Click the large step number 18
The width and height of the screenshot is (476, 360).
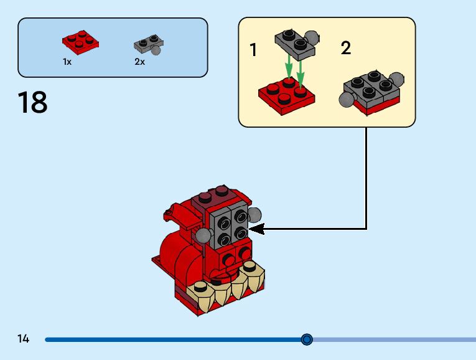pos(33,102)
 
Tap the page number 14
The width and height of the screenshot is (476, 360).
pos(24,339)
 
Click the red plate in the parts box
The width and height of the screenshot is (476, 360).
pos(81,42)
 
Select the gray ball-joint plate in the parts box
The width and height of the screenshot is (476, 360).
pos(148,45)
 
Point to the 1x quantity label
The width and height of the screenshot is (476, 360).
pos(67,62)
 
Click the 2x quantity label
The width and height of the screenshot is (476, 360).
pos(139,62)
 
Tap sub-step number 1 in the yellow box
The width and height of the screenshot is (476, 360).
pos(253,50)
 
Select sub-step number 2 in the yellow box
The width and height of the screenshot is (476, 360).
pos(346,48)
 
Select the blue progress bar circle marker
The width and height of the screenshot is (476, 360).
pos(307,339)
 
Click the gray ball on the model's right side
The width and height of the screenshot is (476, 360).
pos(254,216)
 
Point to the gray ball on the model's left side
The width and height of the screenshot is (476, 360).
pos(203,235)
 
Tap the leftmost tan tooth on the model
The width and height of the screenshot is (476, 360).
pos(200,287)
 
